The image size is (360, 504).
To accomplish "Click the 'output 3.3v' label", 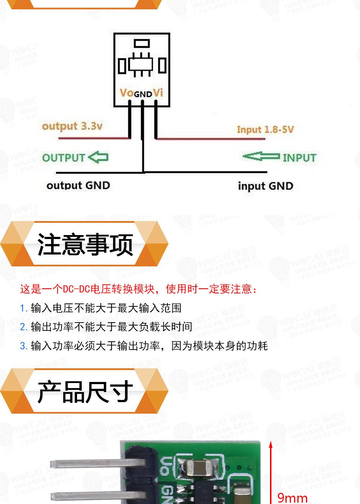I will (x=72, y=126).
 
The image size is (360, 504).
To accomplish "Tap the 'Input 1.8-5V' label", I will (x=265, y=130).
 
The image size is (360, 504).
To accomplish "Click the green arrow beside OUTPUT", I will (x=98, y=157).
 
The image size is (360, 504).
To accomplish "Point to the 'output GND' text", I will (x=78, y=186).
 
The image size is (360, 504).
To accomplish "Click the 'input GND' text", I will (x=265, y=186).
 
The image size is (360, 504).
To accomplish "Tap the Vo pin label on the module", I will (x=126, y=93).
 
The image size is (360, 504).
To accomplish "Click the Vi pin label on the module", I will (x=158, y=93).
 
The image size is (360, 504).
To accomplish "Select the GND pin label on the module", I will (x=143, y=94).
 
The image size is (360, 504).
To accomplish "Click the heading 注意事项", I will (x=85, y=244).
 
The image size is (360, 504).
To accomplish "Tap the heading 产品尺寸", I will (x=85, y=392).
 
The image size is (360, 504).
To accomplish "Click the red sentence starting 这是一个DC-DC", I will (x=139, y=289).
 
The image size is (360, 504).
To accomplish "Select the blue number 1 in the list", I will (x=23, y=309).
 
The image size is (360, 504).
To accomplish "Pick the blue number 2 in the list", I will (x=23, y=327).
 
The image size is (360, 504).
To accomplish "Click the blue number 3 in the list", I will (x=23, y=346).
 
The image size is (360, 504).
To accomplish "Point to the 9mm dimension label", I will (x=292, y=498).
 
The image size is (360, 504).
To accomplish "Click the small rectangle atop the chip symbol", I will (x=141, y=44).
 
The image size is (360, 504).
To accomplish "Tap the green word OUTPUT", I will (x=63, y=158).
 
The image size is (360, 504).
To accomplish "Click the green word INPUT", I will (x=299, y=158).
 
